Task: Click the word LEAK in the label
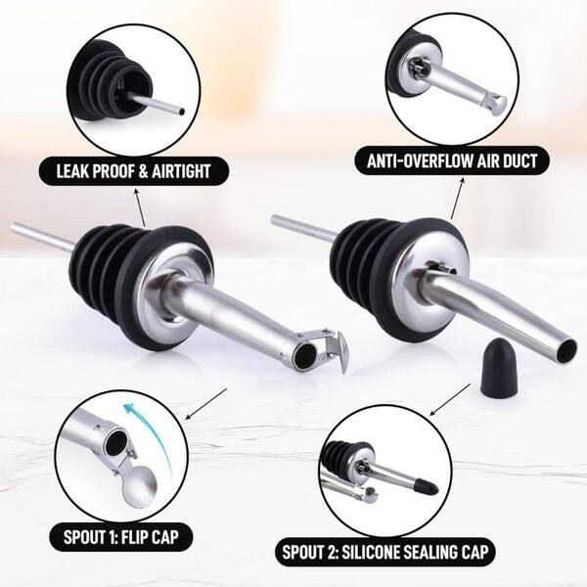[x=71, y=171]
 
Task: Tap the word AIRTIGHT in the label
[x=181, y=171]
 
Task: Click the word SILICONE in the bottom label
[x=371, y=552]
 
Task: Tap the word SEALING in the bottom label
[x=430, y=552]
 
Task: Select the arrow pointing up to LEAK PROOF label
[x=140, y=207]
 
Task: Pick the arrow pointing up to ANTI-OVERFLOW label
[x=458, y=198]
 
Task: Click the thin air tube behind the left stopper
[x=42, y=237]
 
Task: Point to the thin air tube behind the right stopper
[x=304, y=227]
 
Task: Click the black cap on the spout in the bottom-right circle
[x=426, y=485]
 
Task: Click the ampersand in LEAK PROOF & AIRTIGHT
[x=144, y=171]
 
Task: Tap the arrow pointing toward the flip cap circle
[x=206, y=403]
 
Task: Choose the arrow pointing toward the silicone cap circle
[x=450, y=399]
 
